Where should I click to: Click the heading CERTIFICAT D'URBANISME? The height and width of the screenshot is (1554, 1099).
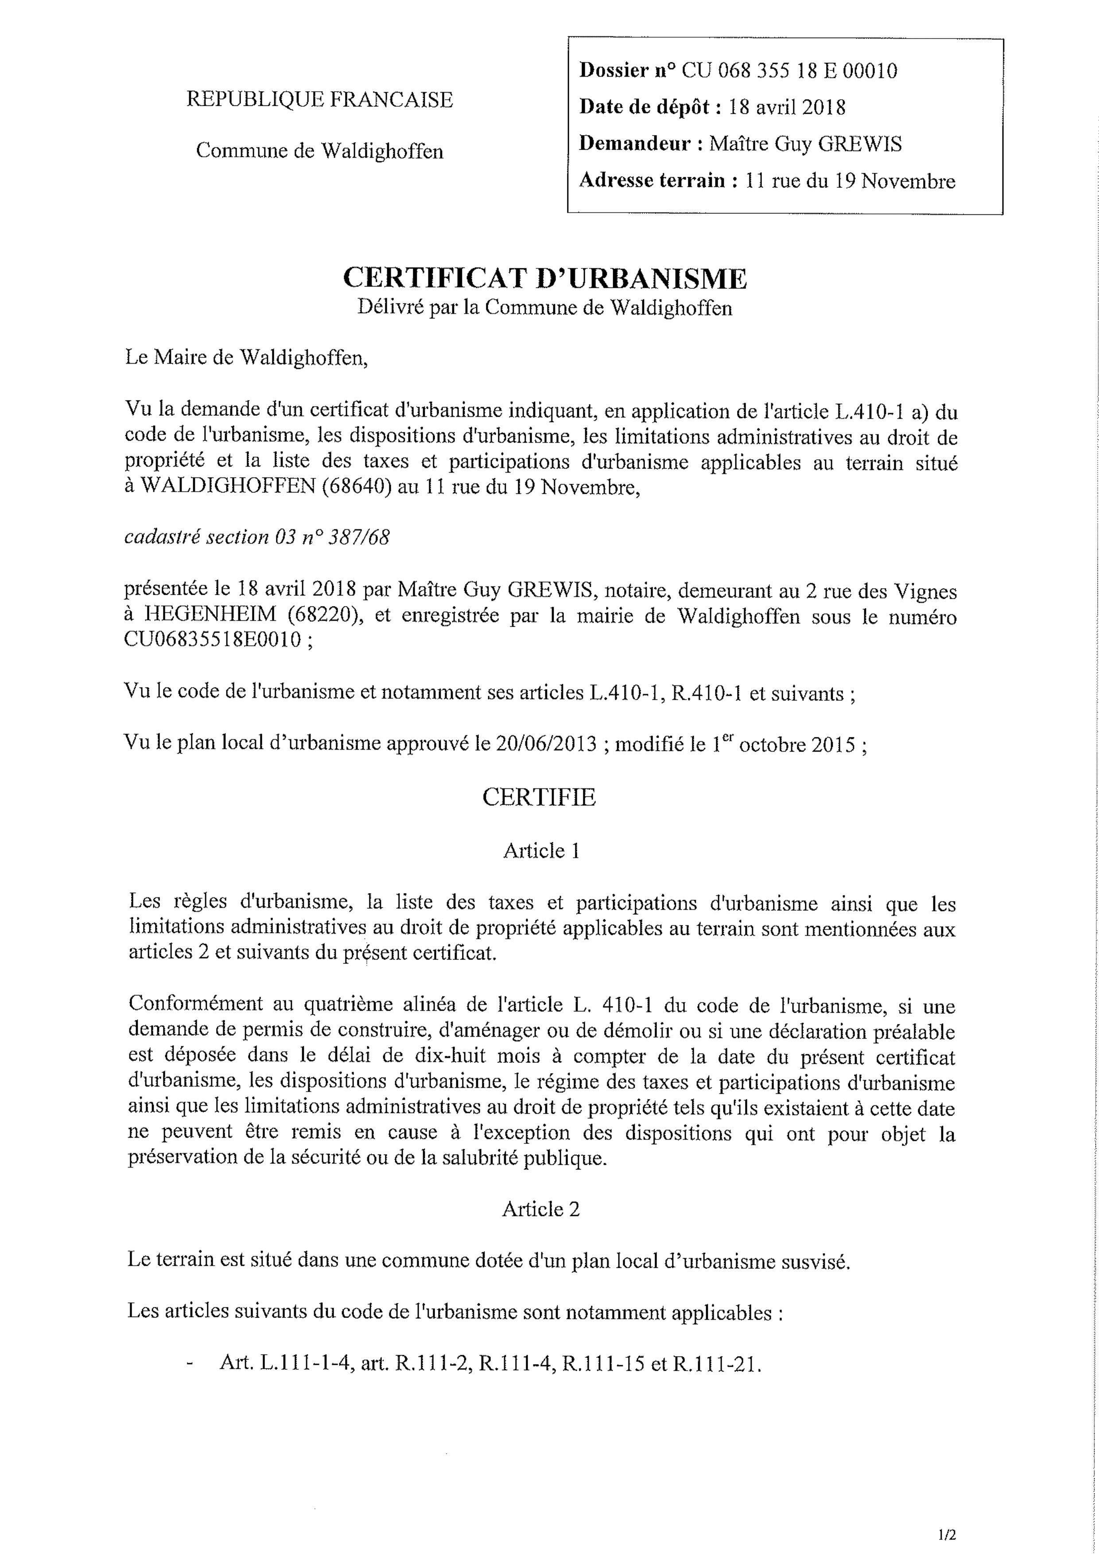pos(545,278)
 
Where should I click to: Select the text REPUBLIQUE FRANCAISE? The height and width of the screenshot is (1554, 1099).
pos(320,100)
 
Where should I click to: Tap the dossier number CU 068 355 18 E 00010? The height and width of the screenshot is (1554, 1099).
pos(789,70)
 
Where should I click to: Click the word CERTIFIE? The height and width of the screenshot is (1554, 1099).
pos(539,797)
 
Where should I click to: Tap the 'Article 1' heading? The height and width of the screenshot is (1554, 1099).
pos(540,850)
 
